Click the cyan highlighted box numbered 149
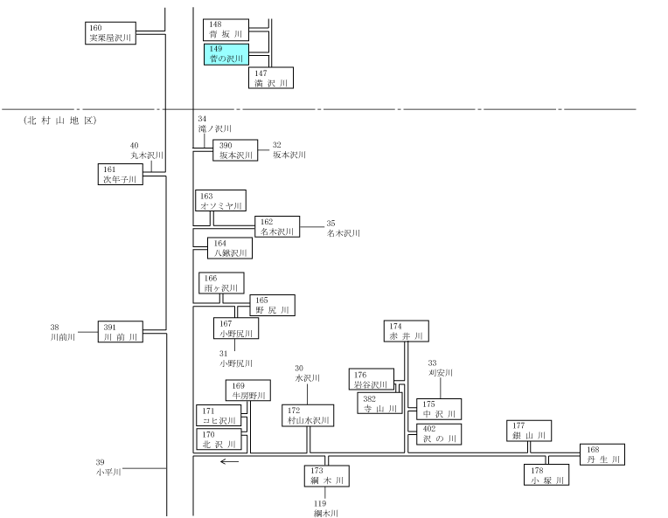[x=226, y=54]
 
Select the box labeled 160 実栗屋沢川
[x=110, y=33]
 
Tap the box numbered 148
[x=226, y=30]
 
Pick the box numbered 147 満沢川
[x=271, y=78]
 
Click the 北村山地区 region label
[x=60, y=121]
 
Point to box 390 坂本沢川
[x=235, y=150]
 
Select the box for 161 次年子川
[x=120, y=174]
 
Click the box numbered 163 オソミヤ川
[x=220, y=201]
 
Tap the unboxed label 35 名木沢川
[x=343, y=228]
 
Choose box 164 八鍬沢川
[x=230, y=248]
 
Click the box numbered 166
[x=221, y=283]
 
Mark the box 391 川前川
[x=120, y=332]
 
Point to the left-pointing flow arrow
[x=229, y=461]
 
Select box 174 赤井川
[x=406, y=331]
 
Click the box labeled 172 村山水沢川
[x=308, y=416]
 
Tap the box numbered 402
[x=439, y=434]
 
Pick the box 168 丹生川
[x=602, y=454]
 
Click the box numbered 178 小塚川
[x=546, y=474]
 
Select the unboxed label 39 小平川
[x=108, y=467]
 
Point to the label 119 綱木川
[x=326, y=508]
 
